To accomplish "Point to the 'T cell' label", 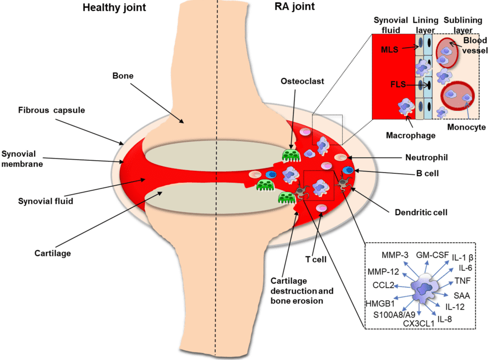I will pos(316,259).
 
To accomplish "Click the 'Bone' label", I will pos(122,76).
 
